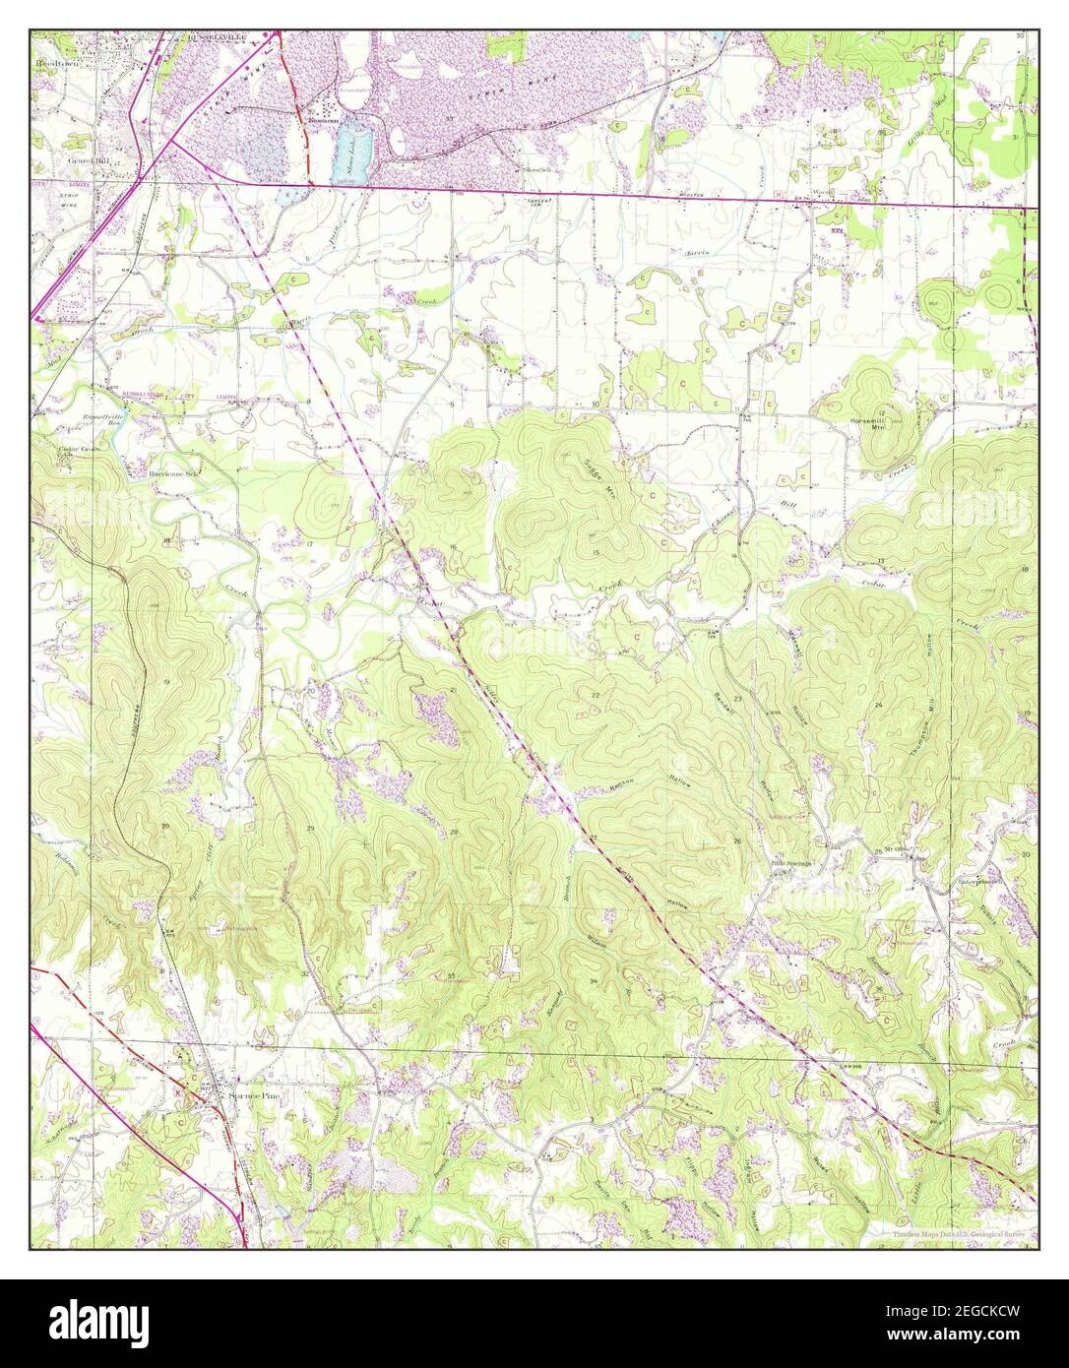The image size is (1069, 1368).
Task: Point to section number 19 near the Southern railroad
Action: coord(166,682)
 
